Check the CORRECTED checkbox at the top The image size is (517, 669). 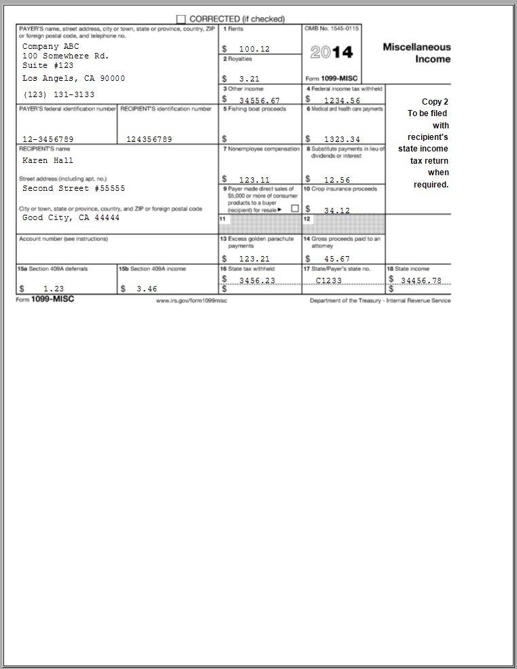click(x=181, y=19)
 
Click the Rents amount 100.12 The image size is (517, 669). click(x=255, y=50)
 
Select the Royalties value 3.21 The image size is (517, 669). click(x=250, y=79)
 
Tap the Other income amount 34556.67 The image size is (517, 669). click(x=260, y=101)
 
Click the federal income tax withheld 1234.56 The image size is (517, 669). click(x=342, y=101)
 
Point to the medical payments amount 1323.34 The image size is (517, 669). click(x=342, y=139)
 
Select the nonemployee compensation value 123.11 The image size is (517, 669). click(x=255, y=180)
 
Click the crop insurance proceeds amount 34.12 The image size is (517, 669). click(x=337, y=211)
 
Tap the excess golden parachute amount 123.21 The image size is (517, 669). click(x=255, y=259)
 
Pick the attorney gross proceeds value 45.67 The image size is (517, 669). click(x=337, y=259)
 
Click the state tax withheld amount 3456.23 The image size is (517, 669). click(x=257, y=281)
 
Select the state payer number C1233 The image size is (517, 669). click(x=329, y=281)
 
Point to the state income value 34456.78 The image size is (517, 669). click(x=421, y=281)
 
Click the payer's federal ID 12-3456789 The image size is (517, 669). click(x=48, y=139)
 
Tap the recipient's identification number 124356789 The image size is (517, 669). click(x=149, y=139)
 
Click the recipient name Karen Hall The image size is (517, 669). click(x=48, y=161)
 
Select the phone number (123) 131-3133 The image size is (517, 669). click(x=58, y=94)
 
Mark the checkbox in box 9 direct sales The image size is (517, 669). click(x=295, y=209)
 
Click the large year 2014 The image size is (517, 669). click(x=332, y=52)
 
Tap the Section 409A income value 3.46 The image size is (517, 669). click(x=147, y=289)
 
